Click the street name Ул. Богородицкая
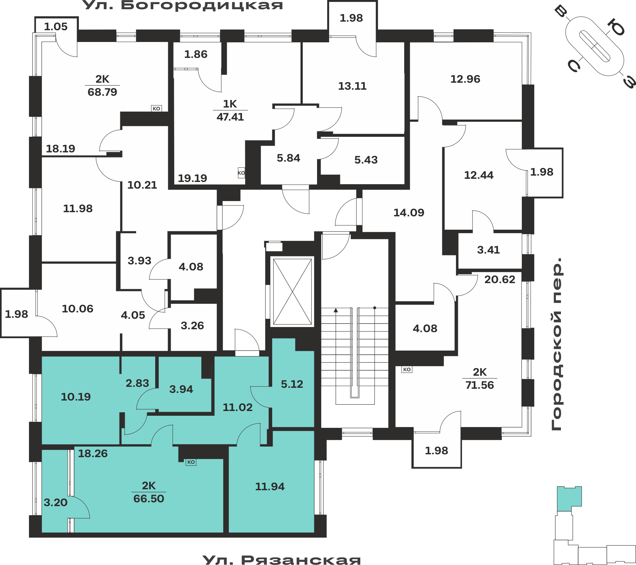[183, 5]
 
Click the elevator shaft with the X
[292, 291]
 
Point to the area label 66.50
[149, 499]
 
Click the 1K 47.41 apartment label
[230, 110]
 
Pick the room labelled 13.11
[352, 86]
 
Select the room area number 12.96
[465, 79]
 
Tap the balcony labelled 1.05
[56, 26]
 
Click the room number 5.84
[288, 158]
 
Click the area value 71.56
[480, 385]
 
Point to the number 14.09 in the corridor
[409, 213]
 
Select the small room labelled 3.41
[488, 250]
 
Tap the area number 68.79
[102, 92]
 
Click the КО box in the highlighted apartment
[191, 462]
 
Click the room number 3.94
[181, 389]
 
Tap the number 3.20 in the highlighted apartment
[56, 502]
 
